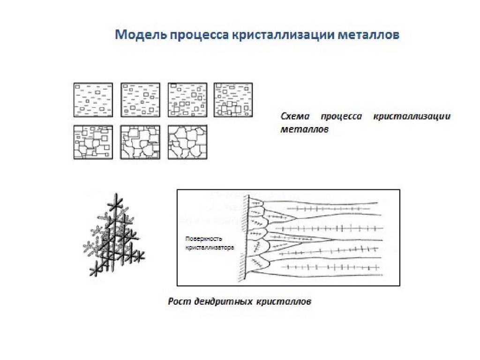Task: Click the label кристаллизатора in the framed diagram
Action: coord(209,247)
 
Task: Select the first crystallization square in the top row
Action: coord(93,100)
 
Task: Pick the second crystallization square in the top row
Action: coord(140,100)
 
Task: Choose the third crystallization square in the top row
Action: coord(187,100)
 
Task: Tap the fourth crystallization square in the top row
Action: coord(233,100)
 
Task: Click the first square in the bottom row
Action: coord(93,142)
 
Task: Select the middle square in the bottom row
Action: coord(140,142)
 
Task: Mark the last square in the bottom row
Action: coord(187,142)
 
